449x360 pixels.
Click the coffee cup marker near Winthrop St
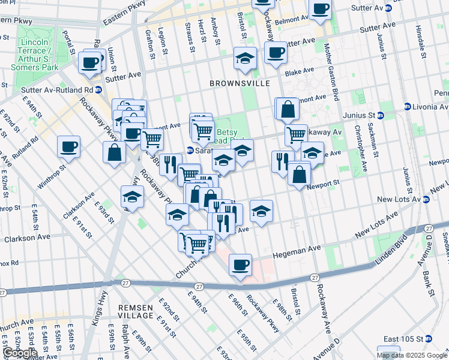pyautogui.click(x=68, y=147)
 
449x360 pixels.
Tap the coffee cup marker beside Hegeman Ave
pyautogui.click(x=240, y=265)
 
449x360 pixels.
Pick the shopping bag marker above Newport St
pyautogui.click(x=299, y=175)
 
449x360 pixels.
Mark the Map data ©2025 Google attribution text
pyautogui.click(x=412, y=355)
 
